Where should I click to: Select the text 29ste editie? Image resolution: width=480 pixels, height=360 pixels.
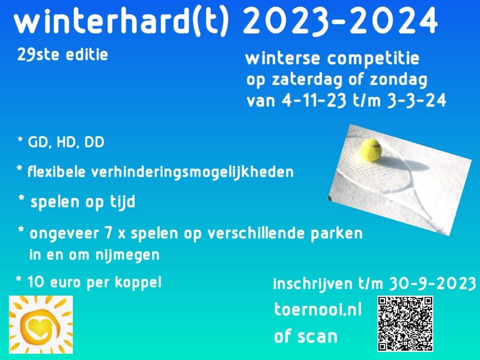tap(63, 55)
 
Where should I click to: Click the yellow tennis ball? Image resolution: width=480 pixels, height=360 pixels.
tap(371, 150)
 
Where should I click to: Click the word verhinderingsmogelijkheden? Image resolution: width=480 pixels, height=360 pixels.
tap(192, 172)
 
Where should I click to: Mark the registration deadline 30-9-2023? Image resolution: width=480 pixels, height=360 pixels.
tap(432, 284)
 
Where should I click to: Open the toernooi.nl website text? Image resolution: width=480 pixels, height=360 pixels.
tap(318, 309)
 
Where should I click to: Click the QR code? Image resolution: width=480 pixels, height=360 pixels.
tap(405, 323)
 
